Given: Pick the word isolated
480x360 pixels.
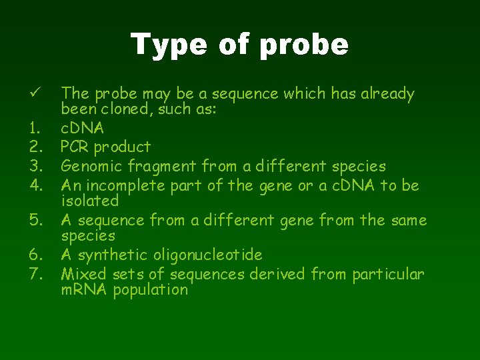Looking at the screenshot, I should [x=89, y=201].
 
